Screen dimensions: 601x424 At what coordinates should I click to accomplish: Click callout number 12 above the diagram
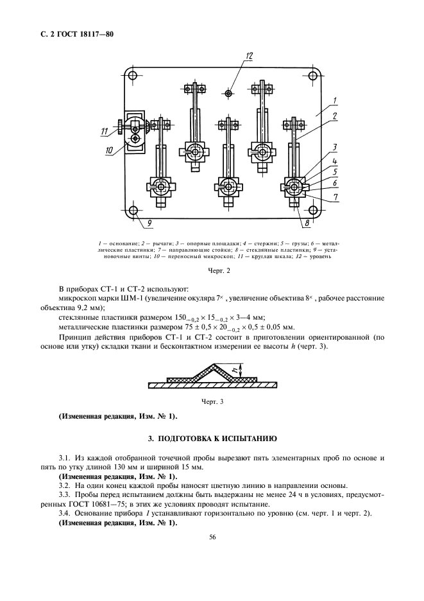(250, 57)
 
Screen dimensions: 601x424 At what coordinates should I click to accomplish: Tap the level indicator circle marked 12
(229, 94)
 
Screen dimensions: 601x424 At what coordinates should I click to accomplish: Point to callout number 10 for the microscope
(109, 150)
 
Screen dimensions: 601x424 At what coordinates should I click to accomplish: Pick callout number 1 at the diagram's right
(335, 100)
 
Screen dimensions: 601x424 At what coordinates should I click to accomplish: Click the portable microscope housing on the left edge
(135, 132)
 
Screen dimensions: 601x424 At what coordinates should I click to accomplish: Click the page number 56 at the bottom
(212, 538)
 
